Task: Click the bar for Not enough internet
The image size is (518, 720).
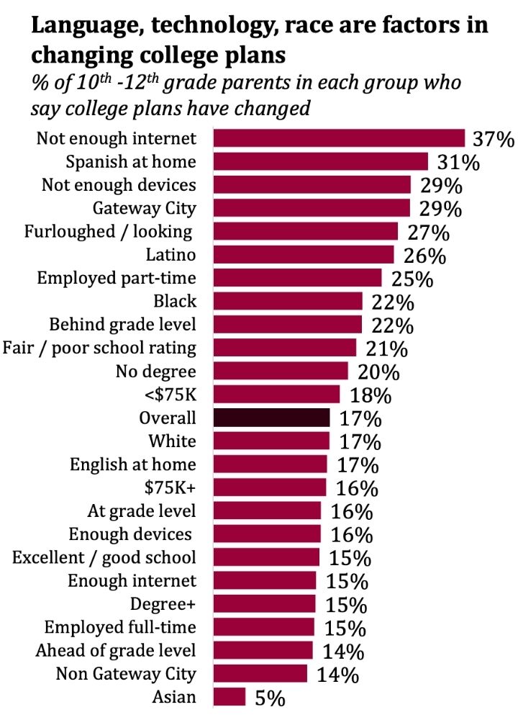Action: [339, 138]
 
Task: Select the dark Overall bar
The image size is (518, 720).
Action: [271, 418]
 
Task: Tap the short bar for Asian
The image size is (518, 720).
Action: [230, 697]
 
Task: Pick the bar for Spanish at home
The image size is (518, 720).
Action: [320, 161]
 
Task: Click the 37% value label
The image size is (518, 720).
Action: [493, 138]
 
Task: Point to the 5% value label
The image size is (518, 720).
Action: [269, 698]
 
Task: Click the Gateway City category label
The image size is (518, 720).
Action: [144, 208]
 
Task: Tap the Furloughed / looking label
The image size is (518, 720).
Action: [108, 231]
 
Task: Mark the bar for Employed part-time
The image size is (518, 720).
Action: [297, 278]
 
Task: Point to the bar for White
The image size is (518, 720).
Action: [271, 441]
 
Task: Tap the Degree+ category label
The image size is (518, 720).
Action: [163, 603]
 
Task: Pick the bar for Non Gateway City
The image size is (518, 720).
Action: [260, 673]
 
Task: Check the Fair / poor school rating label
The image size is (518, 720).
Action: [99, 348]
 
